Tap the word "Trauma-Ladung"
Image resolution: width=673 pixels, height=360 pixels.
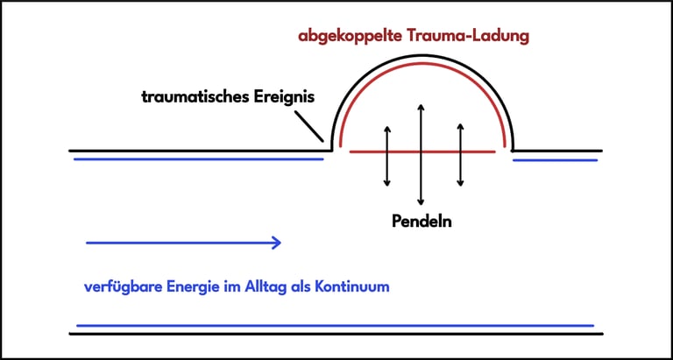[473, 38]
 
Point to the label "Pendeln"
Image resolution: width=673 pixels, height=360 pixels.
[422, 221]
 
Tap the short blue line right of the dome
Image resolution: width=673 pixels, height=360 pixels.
[555, 159]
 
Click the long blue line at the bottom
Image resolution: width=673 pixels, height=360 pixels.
[333, 326]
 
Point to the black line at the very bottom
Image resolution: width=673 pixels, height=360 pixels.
[333, 334]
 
